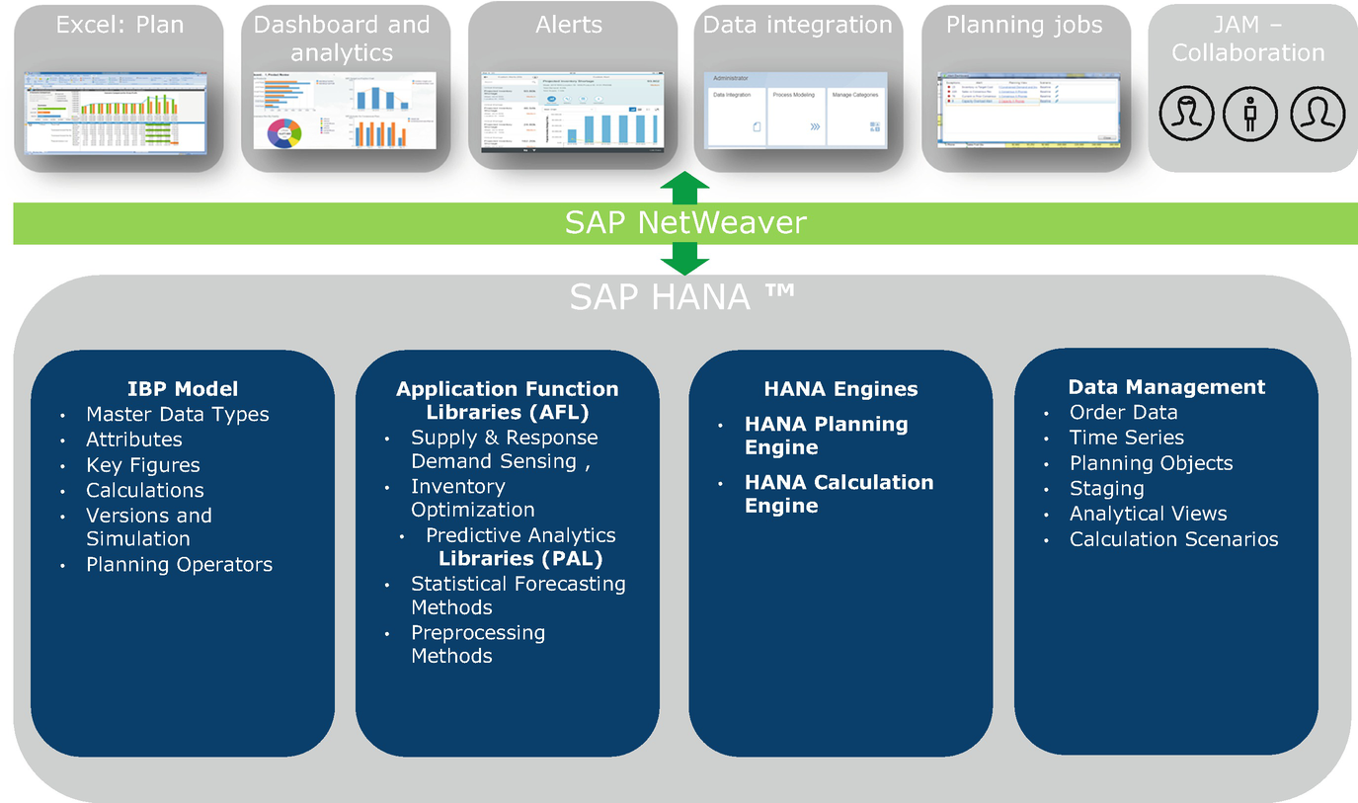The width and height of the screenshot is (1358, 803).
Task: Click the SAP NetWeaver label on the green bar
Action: [684, 223]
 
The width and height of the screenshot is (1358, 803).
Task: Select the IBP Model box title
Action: [183, 388]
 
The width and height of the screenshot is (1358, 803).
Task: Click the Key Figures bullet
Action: [142, 465]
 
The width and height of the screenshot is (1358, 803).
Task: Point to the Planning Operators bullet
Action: [179, 565]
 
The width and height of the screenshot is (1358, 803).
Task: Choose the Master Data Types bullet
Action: [177, 415]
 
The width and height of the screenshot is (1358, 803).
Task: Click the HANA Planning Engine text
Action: [826, 436]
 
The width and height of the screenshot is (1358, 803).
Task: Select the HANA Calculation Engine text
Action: [839, 494]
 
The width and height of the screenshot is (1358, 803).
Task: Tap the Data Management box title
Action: [1166, 387]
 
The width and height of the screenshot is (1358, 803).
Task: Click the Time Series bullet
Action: [1126, 438]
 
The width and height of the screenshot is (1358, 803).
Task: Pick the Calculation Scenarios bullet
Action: [1173, 539]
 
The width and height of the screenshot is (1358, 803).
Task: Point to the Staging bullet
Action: [1106, 489]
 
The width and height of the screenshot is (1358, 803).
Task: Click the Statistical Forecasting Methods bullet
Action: [518, 596]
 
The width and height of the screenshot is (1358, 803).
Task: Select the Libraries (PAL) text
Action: [520, 559]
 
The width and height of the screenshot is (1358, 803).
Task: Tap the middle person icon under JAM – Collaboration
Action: [1249, 114]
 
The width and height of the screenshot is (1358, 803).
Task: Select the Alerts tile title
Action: [570, 25]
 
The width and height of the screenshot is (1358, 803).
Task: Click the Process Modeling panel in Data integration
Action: [796, 117]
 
